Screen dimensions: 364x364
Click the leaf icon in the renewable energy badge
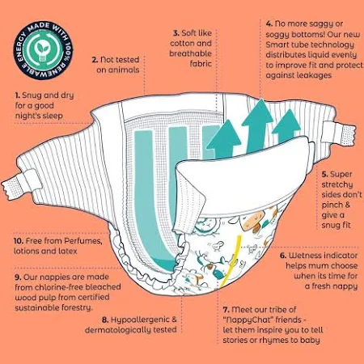[43, 49]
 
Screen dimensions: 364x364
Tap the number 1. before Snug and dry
[17, 95]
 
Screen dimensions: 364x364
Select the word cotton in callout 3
[182, 43]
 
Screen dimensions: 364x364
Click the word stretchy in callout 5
[337, 185]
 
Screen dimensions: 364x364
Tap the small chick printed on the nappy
[216, 246]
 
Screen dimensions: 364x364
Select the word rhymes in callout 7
[273, 341]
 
